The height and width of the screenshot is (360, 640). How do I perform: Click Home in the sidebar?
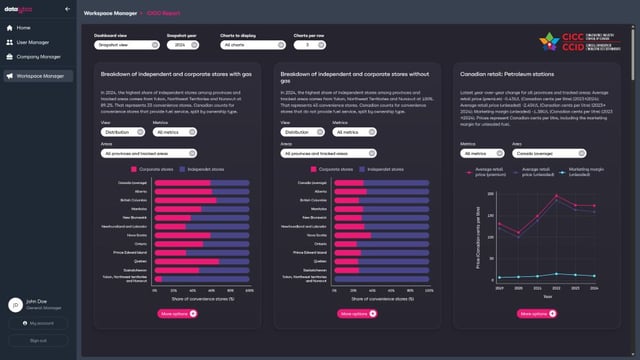coord(24,27)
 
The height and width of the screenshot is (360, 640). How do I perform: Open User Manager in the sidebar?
coord(32,43)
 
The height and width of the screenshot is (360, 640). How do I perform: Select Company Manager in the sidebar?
coord(37,59)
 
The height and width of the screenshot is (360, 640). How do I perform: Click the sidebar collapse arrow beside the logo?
coord(66,7)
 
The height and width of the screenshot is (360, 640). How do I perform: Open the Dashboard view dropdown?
coord(123,45)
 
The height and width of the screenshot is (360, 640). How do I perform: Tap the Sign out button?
coord(38,341)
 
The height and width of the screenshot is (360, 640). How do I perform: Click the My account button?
coord(38,323)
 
